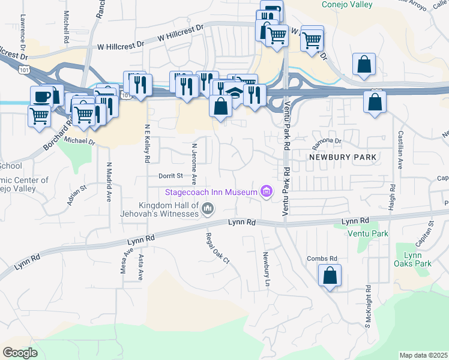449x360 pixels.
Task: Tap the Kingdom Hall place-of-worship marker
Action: coord(208,209)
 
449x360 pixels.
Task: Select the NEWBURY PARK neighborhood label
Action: coord(343,157)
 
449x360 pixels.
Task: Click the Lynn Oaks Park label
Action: coord(414,259)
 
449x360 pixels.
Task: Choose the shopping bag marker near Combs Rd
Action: coord(330,275)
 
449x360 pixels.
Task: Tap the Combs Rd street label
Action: coord(318,259)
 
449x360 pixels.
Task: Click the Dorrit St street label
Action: coord(170,176)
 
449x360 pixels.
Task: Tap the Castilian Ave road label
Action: coord(399,151)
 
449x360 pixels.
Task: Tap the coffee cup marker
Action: coord(42,97)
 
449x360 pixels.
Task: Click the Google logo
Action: coord(20,353)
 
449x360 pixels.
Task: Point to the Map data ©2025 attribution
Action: coord(423,355)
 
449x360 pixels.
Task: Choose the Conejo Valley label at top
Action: coord(346,5)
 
